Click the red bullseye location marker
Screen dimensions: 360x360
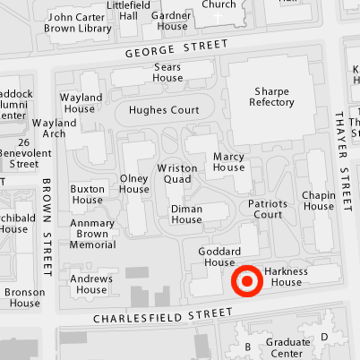pyautogui.click(x=247, y=281)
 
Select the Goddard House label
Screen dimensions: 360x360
pyautogui.click(x=219, y=256)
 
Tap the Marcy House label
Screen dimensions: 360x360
pyautogui.click(x=229, y=161)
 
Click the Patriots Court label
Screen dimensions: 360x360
pyautogui.click(x=268, y=209)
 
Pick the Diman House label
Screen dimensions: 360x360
pyautogui.click(x=186, y=214)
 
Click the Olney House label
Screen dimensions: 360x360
pyautogui.click(x=134, y=184)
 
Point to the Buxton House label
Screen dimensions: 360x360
pyautogui.click(x=88, y=194)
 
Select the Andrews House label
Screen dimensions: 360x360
pyautogui.click(x=91, y=283)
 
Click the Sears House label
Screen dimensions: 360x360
pyautogui.click(x=167, y=73)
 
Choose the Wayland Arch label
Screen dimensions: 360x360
pyautogui.click(x=54, y=128)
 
